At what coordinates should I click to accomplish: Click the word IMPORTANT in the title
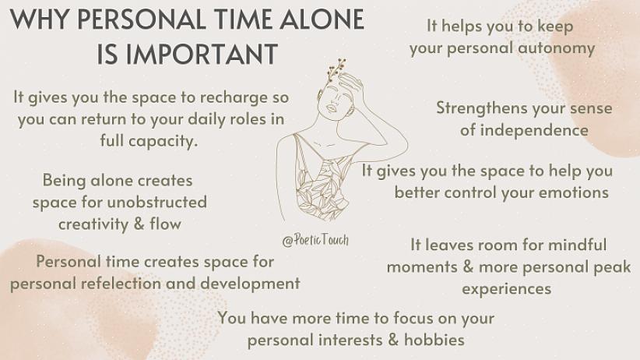point(202,55)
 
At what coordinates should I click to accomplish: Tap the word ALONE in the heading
point(322,19)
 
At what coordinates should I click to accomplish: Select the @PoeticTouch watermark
point(315,240)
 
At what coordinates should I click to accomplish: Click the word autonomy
point(557,48)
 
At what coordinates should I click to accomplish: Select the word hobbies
point(434,340)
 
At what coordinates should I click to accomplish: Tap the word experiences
point(507,289)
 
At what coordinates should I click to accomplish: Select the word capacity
point(161,141)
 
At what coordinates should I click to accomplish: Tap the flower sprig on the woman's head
point(336,69)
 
